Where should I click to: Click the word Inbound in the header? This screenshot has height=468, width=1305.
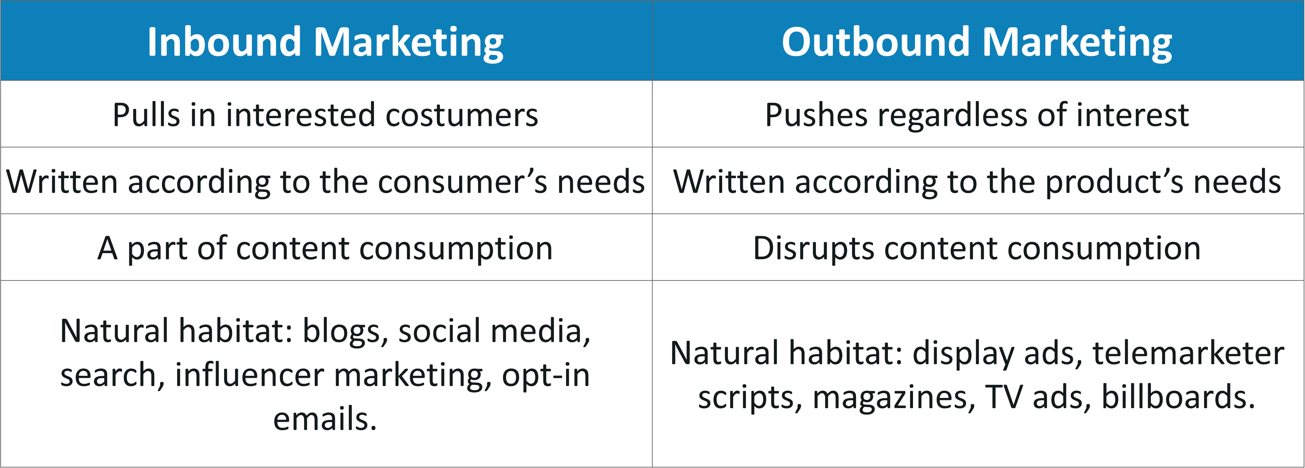225,42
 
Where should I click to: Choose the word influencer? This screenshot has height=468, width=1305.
249,375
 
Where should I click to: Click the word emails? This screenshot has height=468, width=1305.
325,419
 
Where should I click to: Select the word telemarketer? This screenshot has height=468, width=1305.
1188,354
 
